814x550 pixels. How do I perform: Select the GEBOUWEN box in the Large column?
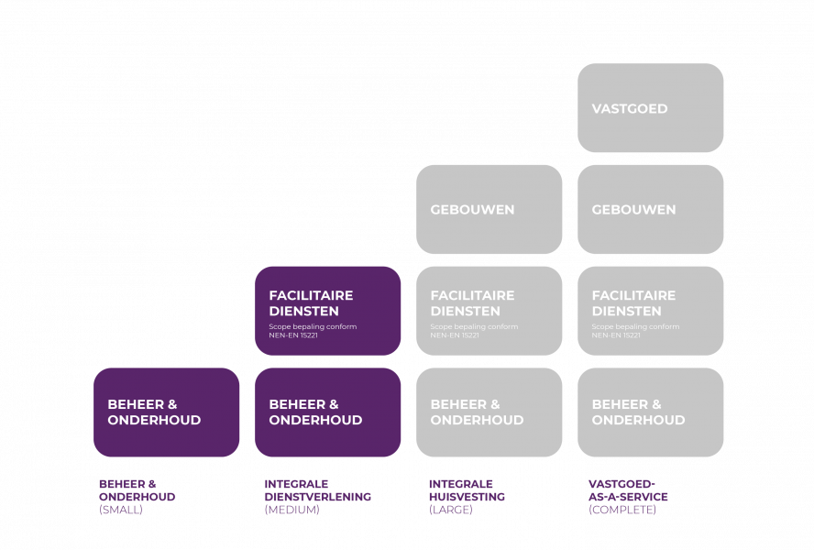(x=489, y=209)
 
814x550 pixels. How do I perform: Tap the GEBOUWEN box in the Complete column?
(x=650, y=209)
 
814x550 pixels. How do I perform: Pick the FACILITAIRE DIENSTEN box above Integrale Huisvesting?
(x=489, y=310)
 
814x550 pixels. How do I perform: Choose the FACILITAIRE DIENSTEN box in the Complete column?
(x=650, y=310)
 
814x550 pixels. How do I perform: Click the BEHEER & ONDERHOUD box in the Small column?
(x=166, y=412)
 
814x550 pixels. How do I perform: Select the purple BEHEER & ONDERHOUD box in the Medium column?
(x=327, y=412)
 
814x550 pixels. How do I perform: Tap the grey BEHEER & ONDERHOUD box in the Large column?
(x=489, y=412)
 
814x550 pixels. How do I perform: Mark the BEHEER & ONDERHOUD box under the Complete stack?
(x=650, y=412)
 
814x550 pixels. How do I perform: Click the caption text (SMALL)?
(x=121, y=510)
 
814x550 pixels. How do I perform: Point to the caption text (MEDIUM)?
(x=291, y=510)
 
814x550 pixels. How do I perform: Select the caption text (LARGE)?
(x=451, y=510)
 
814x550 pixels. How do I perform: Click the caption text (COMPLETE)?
(x=622, y=510)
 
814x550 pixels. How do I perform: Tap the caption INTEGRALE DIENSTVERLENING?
(x=317, y=490)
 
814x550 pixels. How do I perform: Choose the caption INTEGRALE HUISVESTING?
(x=466, y=490)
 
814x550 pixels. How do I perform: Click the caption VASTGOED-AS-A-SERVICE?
(x=628, y=490)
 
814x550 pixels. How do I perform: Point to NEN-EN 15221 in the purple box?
(x=293, y=335)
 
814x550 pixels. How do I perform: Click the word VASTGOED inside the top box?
(x=630, y=108)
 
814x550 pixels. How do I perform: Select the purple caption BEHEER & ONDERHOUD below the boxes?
(x=137, y=490)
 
